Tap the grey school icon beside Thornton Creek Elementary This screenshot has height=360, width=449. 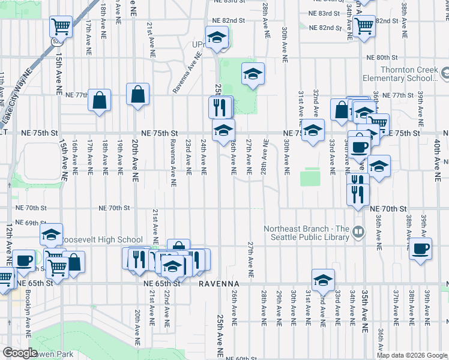(445, 74)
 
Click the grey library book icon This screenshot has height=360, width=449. (359, 230)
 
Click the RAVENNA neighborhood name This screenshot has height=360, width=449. (220, 283)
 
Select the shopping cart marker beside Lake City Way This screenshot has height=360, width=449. (61, 26)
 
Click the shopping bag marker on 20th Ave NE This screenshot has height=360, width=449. (138, 95)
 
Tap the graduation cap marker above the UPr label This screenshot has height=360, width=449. (217, 38)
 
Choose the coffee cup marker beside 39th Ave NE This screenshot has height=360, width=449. (420, 248)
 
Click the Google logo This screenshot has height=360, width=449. (20, 353)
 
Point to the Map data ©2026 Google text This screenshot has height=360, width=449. (412, 355)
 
